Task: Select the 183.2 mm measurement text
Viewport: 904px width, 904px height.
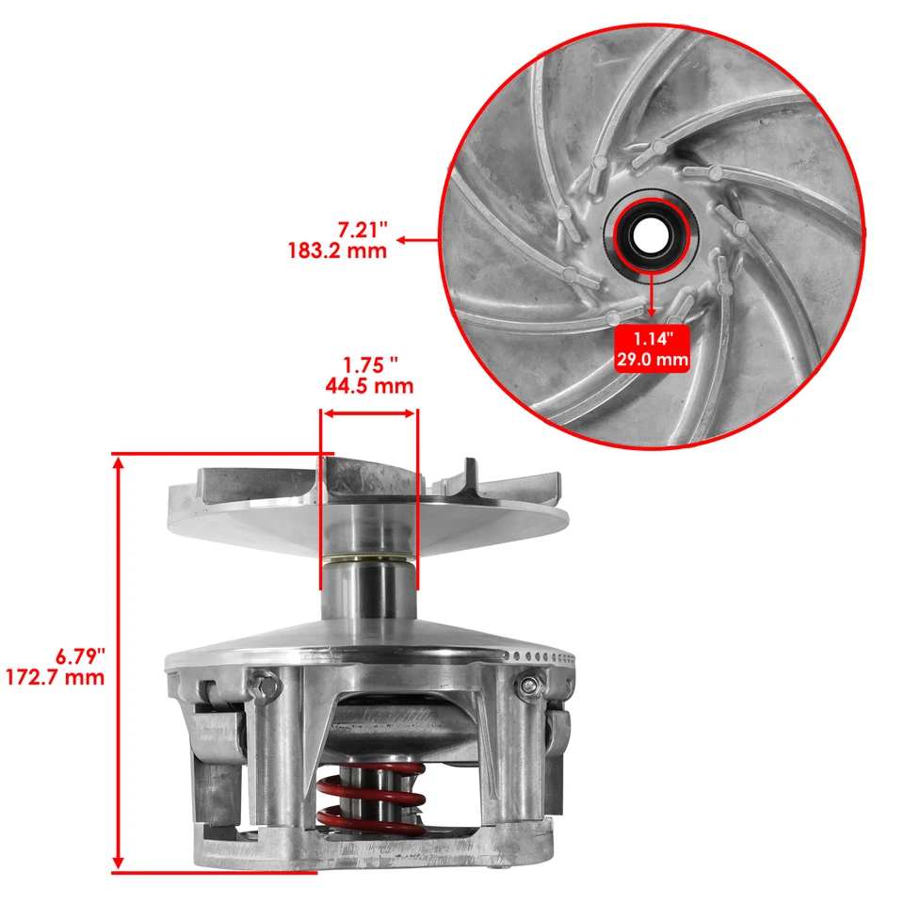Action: pyautogui.click(x=337, y=251)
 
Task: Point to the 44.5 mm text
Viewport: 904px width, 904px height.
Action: pyautogui.click(x=369, y=386)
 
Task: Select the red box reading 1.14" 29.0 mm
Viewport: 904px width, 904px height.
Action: pyautogui.click(x=652, y=347)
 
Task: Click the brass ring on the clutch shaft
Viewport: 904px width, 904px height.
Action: pyautogui.click(x=369, y=563)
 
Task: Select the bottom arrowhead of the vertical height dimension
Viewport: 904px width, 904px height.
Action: pyautogui.click(x=119, y=864)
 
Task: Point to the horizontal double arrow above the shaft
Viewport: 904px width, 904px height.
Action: pyautogui.click(x=369, y=412)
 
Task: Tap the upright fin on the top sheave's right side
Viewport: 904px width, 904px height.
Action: pyautogui.click(x=468, y=476)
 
